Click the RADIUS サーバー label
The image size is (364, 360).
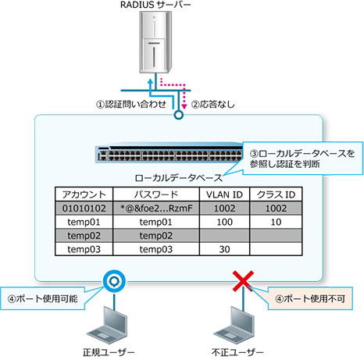155,5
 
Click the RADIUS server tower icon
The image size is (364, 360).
155,42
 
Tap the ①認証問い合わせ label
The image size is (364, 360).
131,105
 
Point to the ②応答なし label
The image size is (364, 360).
213,105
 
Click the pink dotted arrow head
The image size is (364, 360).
184,106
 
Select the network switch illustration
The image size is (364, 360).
170,152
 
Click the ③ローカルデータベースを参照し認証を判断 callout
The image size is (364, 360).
302,159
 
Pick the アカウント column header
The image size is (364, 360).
84,194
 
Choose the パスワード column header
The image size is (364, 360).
156,194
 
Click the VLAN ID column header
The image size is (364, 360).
224,194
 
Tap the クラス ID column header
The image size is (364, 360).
276,194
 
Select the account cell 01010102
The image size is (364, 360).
84,209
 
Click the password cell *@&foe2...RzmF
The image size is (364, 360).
156,209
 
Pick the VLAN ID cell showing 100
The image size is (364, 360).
224,222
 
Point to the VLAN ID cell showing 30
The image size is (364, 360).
224,249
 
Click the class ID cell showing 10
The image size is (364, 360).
276,222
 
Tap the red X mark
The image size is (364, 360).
243,281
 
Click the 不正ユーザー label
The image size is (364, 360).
237,352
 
